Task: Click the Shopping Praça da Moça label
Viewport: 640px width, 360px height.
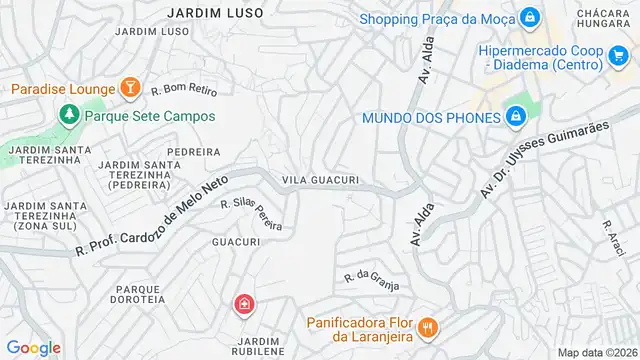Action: point(436,18)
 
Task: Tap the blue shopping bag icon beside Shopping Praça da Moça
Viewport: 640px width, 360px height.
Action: point(529,18)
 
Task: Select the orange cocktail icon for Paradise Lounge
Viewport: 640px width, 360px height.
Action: point(129,89)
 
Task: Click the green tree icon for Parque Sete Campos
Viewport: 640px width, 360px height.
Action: point(69,115)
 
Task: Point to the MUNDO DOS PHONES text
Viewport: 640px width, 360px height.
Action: point(431,118)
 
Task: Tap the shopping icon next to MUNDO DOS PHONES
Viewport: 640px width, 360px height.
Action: point(515,118)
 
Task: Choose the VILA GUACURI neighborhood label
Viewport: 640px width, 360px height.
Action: point(320,180)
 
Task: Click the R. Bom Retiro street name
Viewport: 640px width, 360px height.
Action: point(185,91)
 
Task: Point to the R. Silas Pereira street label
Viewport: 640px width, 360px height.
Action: point(250,213)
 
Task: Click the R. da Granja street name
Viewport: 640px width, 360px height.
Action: point(372,281)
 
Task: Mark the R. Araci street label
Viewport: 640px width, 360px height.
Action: point(613,239)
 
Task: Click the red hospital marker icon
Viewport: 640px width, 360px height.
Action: point(243,304)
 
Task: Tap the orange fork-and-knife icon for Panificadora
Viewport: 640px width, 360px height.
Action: point(427,326)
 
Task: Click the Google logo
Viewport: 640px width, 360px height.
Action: point(33,347)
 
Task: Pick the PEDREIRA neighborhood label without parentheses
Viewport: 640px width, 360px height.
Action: point(193,152)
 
